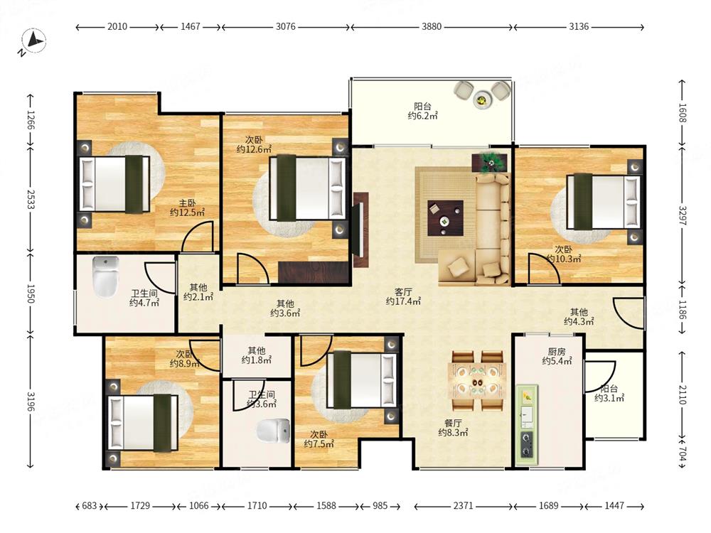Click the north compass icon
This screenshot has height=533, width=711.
(33, 42)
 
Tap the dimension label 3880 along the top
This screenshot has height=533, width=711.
(432, 27)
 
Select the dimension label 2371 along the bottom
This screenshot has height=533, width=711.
(463, 505)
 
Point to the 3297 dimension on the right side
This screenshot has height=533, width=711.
(683, 215)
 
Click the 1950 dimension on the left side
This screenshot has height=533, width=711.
(31, 294)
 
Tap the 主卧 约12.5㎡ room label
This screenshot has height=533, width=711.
(187, 208)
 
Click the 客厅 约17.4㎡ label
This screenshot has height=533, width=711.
(403, 296)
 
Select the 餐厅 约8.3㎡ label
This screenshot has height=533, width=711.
(453, 428)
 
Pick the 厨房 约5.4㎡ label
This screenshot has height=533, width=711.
(557, 356)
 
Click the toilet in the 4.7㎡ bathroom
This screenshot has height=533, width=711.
(105, 277)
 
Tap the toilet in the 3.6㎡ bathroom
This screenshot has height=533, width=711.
(273, 431)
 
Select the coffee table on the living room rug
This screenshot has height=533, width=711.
(445, 218)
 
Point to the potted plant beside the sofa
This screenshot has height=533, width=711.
(489, 162)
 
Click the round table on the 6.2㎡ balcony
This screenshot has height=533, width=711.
(481, 99)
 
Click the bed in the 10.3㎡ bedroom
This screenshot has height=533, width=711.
(604, 202)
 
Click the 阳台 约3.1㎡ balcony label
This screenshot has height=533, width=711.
(609, 394)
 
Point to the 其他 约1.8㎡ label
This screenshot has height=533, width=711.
(256, 355)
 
